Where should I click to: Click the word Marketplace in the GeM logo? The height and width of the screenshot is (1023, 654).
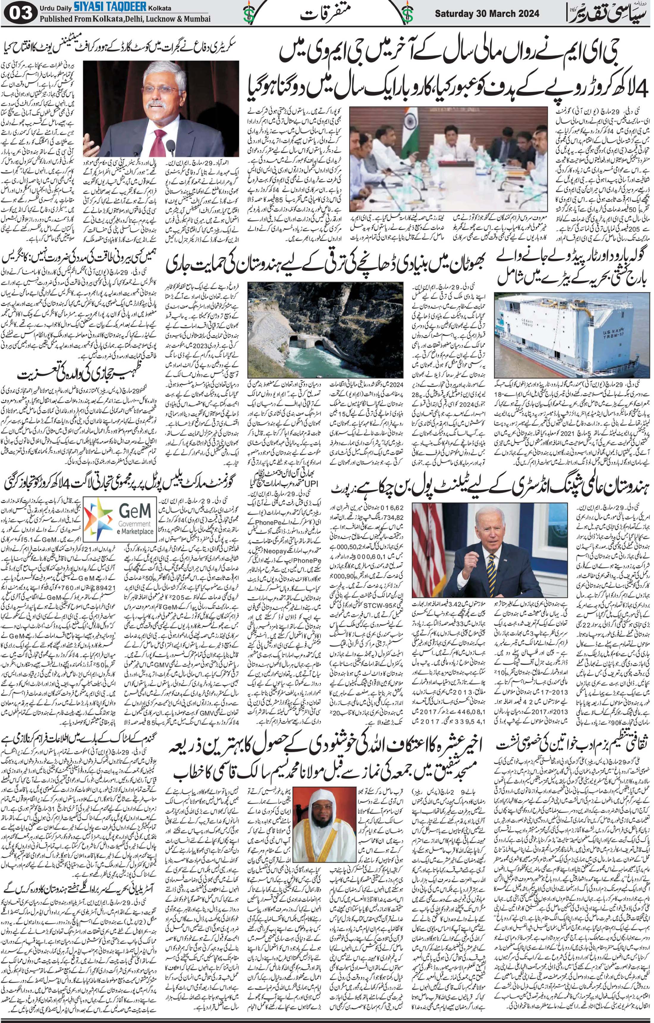tap(136, 531)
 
